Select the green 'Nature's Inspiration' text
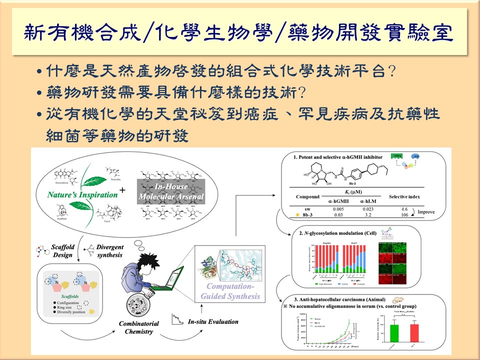(x=82, y=194)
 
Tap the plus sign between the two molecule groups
(x=121, y=190)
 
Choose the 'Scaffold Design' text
(x=59, y=251)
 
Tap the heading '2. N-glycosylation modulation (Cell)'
(x=338, y=233)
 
